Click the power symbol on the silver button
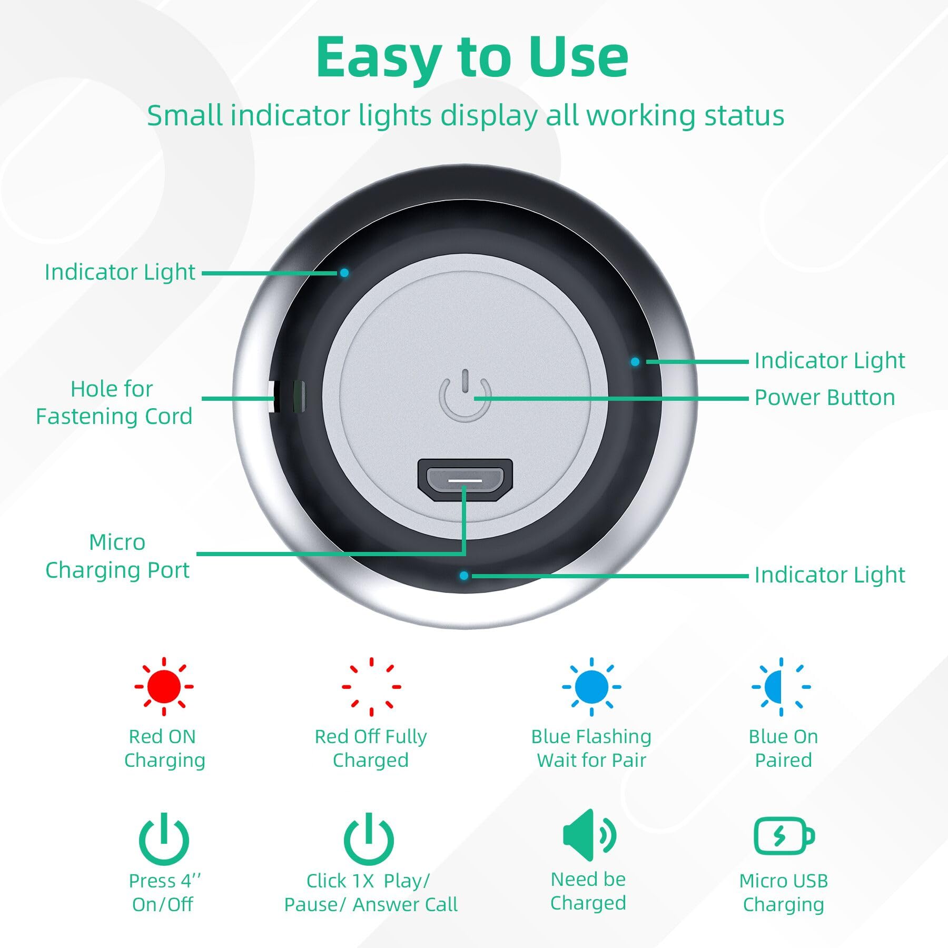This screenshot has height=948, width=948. pyautogui.click(x=465, y=396)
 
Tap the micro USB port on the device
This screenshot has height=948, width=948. pyautogui.click(x=465, y=480)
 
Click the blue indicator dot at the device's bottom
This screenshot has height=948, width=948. pyautogui.click(x=463, y=576)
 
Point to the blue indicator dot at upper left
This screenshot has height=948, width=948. pyautogui.click(x=344, y=273)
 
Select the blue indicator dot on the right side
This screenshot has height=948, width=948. pyautogui.click(x=635, y=362)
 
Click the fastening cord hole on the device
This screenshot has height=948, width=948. pyautogui.click(x=287, y=396)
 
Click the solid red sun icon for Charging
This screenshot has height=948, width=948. pyautogui.click(x=164, y=686)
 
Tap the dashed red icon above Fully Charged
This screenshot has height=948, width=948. pyautogui.click(x=371, y=686)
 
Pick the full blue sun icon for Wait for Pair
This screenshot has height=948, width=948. pyautogui.click(x=591, y=686)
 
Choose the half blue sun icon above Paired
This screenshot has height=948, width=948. pyautogui.click(x=781, y=686)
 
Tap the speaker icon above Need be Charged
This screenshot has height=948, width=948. pyautogui.click(x=589, y=835)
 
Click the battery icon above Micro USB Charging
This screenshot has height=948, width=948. pyautogui.click(x=784, y=836)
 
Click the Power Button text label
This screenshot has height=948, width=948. pyautogui.click(x=825, y=398)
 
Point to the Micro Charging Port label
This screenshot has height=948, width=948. pyautogui.click(x=117, y=556)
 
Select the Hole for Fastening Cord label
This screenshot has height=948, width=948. pyautogui.click(x=114, y=403)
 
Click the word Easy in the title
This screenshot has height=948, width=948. pyautogui.click(x=379, y=58)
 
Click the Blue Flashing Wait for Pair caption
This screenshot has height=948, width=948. pyautogui.click(x=591, y=748)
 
